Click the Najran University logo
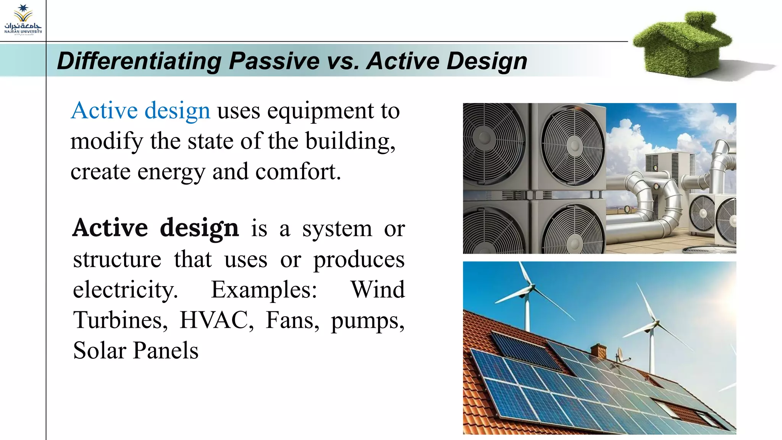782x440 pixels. click(x=23, y=20)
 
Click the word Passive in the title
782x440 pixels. click(x=274, y=61)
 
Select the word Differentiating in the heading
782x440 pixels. click(x=139, y=61)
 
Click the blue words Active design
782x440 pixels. click(x=140, y=111)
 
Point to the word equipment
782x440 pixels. click(x=320, y=111)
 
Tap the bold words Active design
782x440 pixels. click(x=155, y=228)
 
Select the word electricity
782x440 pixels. click(x=125, y=290)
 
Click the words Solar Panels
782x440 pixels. click(x=136, y=351)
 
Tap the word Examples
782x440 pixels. click(x=264, y=290)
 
